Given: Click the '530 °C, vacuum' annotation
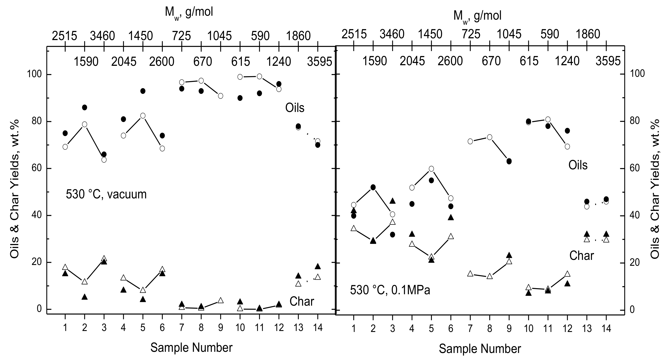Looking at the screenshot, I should click(x=106, y=194).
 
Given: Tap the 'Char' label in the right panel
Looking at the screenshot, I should click(x=582, y=256).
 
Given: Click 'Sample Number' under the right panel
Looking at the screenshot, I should click(x=480, y=349).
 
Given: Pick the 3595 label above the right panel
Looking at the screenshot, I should click(x=608, y=61).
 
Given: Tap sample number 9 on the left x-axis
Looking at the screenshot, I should click(x=221, y=327).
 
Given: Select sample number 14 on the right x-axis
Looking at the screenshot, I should click(x=606, y=329).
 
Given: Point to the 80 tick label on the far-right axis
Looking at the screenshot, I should click(x=638, y=122).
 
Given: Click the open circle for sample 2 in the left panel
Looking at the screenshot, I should click(x=84, y=124).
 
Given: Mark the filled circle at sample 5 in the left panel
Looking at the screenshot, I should click(x=142, y=91).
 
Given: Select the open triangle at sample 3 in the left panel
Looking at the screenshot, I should click(x=104, y=258).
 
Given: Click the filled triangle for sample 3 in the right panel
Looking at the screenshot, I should click(x=392, y=201).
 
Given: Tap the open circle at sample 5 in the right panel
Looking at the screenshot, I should click(x=431, y=169).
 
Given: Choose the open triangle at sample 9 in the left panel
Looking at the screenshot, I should click(x=221, y=300).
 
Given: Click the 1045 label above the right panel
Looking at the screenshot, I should click(x=509, y=34).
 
